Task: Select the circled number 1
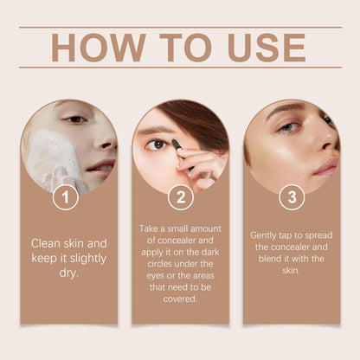click(65, 197)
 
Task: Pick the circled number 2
click(180, 197)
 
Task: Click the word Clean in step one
click(48, 243)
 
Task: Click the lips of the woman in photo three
click(325, 165)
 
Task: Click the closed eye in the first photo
click(76, 119)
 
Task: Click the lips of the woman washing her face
click(101, 164)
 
